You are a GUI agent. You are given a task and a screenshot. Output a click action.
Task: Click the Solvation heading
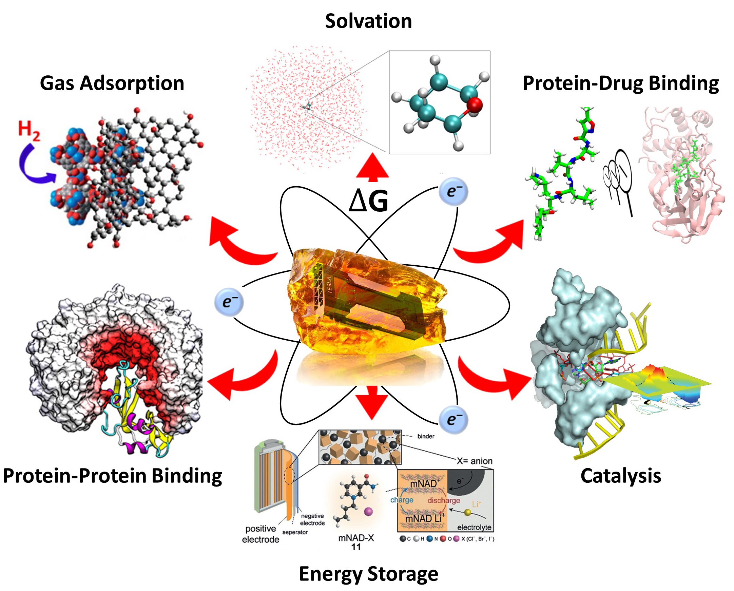pos(368,21)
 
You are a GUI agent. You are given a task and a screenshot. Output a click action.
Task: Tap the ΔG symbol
pos(368,201)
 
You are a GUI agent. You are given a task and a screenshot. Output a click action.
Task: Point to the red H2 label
pos(29,131)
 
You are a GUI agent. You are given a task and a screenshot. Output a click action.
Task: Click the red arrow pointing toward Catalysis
pos(494,378)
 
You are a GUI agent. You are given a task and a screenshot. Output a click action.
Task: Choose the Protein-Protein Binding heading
pos(112,476)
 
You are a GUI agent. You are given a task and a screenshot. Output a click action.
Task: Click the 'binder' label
pos(426,436)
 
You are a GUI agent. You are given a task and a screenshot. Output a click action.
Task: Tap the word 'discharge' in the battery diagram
pos(444,500)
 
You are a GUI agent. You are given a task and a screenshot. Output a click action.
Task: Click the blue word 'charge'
pos(402,500)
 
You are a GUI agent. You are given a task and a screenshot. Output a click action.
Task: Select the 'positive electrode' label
pos(261,534)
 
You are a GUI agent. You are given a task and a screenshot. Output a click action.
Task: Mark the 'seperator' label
pos(295,532)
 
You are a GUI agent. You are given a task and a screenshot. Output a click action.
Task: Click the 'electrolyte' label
pos(474,527)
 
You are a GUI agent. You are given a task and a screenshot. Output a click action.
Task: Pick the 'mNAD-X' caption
pos(356,538)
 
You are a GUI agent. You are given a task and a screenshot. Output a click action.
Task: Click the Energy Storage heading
pos(368,574)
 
